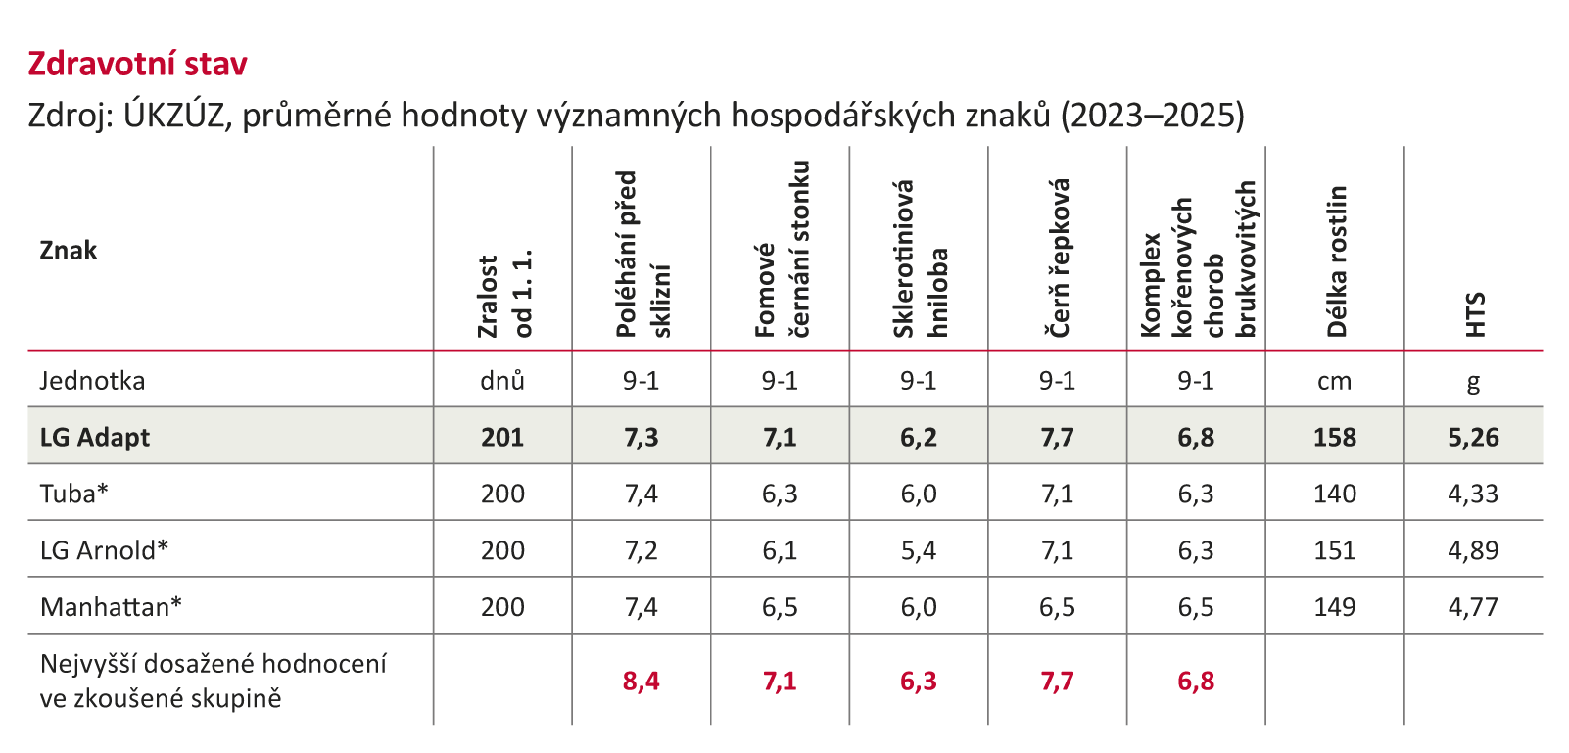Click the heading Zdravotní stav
pyautogui.click(x=137, y=64)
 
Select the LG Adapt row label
pyautogui.click(x=95, y=437)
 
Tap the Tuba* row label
pyautogui.click(x=73, y=494)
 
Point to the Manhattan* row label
pyautogui.click(x=111, y=607)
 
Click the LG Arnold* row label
pyautogui.click(x=104, y=550)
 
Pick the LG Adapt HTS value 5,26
pyautogui.click(x=1473, y=437)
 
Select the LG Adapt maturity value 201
pyautogui.click(x=502, y=437)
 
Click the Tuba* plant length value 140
pyautogui.click(x=1334, y=494)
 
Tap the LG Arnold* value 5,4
pyautogui.click(x=919, y=550)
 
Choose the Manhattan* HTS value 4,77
pyautogui.click(x=1473, y=607)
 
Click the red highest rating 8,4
pyautogui.click(x=642, y=681)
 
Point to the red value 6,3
pyautogui.click(x=919, y=681)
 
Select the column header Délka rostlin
pyautogui.click(x=1337, y=261)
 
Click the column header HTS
pyautogui.click(x=1475, y=314)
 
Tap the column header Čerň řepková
pyautogui.click(x=1060, y=259)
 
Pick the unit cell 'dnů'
pyautogui.click(x=502, y=381)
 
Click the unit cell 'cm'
pyautogui.click(x=1334, y=381)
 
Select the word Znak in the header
pyautogui.click(x=69, y=251)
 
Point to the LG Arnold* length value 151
pyautogui.click(x=1334, y=550)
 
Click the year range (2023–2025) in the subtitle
pyautogui.click(x=1153, y=116)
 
